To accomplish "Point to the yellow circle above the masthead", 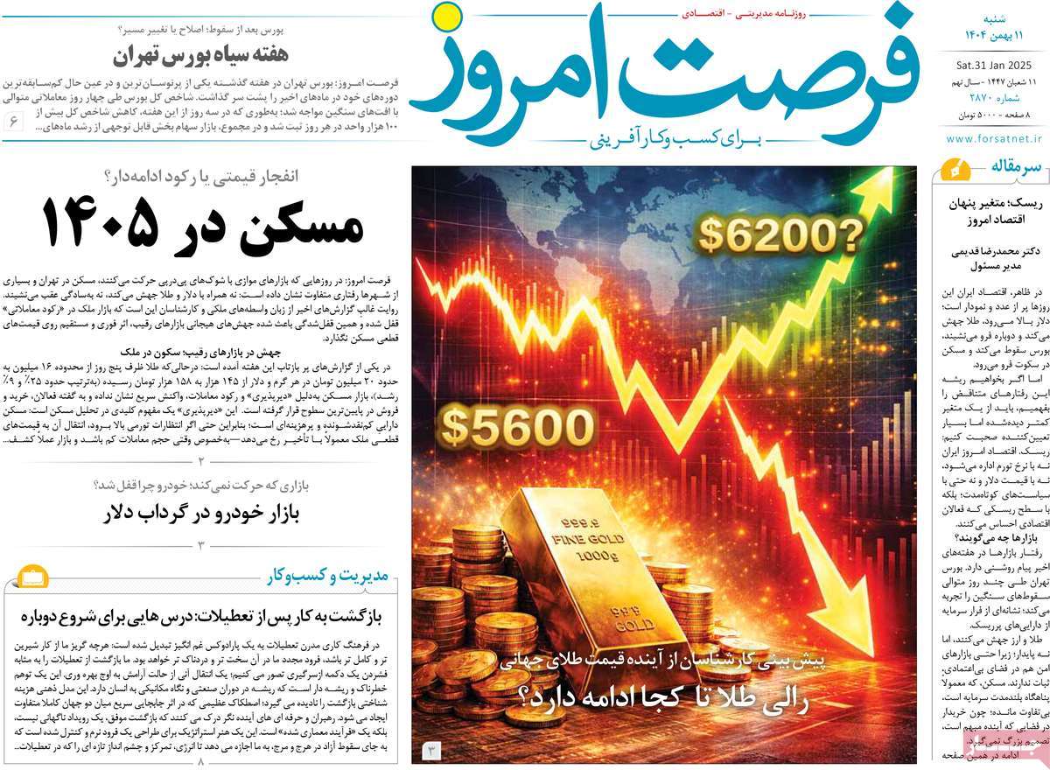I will pos(445,15).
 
